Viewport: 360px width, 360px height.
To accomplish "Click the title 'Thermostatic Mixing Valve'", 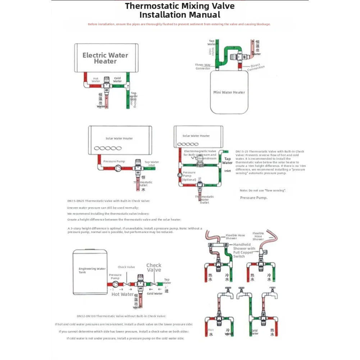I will [180, 6].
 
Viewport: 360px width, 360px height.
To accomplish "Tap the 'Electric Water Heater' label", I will [105, 58].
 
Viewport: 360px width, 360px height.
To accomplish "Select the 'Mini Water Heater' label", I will [229, 92].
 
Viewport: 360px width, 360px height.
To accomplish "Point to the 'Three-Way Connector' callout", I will [203, 67].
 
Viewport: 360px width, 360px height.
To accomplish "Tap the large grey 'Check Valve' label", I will [154, 268].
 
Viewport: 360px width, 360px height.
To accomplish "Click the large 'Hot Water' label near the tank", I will [123, 294].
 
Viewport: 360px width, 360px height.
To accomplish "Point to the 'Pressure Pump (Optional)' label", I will [189, 176].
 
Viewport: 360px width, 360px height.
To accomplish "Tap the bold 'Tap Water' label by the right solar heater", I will [227, 161].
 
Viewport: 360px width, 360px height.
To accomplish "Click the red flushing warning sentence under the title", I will [179, 24].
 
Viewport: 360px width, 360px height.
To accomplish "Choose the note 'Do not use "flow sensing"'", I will [263, 190].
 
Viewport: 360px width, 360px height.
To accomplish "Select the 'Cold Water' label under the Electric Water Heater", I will [118, 79].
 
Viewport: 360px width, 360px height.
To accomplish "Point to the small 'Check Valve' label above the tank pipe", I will [126, 267].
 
